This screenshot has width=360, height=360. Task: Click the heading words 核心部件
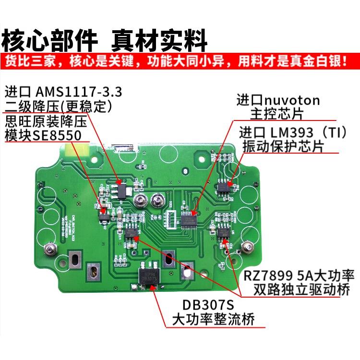pyautogui.click(x=50, y=41)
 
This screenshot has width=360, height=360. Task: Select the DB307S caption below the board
pyautogui.click(x=209, y=305)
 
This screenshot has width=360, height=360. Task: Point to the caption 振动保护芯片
pyautogui.click(x=283, y=145)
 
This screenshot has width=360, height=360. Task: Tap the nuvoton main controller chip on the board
pyautogui.click(x=191, y=218)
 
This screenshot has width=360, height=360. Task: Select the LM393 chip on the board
pyautogui.click(x=224, y=185)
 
